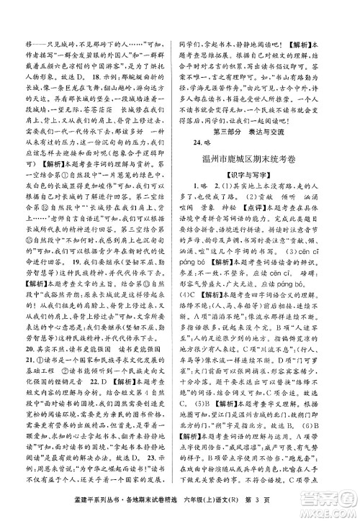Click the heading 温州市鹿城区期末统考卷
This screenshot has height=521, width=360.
pos(269,173)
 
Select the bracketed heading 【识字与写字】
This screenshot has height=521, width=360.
pos(269,192)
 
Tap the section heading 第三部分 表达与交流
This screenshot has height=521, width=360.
pos(269,132)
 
